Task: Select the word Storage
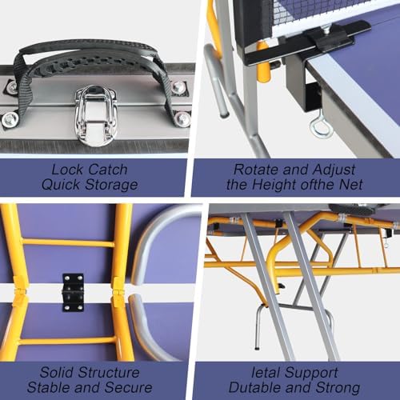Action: pos(117,185)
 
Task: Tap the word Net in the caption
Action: pos(362,185)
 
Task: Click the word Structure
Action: pos(111,373)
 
